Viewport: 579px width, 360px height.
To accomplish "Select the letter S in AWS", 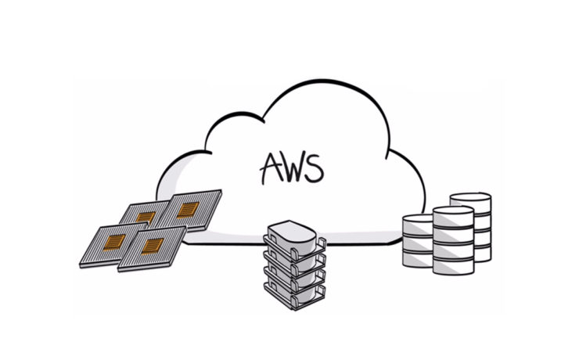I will tap(315, 166).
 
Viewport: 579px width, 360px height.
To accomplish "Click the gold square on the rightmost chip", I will tap(189, 209).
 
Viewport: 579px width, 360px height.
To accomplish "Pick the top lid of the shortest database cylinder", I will tap(418, 220).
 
